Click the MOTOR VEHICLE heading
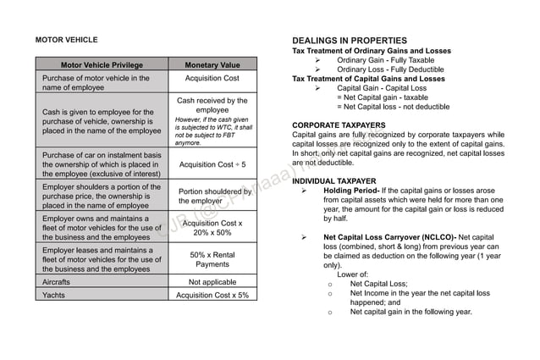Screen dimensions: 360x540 [x=66, y=40]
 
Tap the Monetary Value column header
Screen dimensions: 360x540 [x=212, y=65]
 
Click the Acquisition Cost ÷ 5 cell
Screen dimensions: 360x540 [x=212, y=164]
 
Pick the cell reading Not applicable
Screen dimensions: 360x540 [x=212, y=281]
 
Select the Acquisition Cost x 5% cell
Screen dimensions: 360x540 [x=212, y=295]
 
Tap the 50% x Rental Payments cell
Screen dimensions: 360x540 [x=212, y=259]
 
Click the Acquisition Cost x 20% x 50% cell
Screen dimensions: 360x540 [x=212, y=228]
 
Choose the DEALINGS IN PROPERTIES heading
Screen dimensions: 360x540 [x=350, y=40]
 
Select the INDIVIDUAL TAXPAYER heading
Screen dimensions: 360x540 [x=333, y=181]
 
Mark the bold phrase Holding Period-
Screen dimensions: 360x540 [x=351, y=191]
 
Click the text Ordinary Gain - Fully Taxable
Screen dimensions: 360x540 [x=385, y=60]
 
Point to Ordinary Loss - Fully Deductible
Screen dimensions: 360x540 [x=391, y=69]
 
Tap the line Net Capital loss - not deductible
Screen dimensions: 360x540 [x=393, y=107]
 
